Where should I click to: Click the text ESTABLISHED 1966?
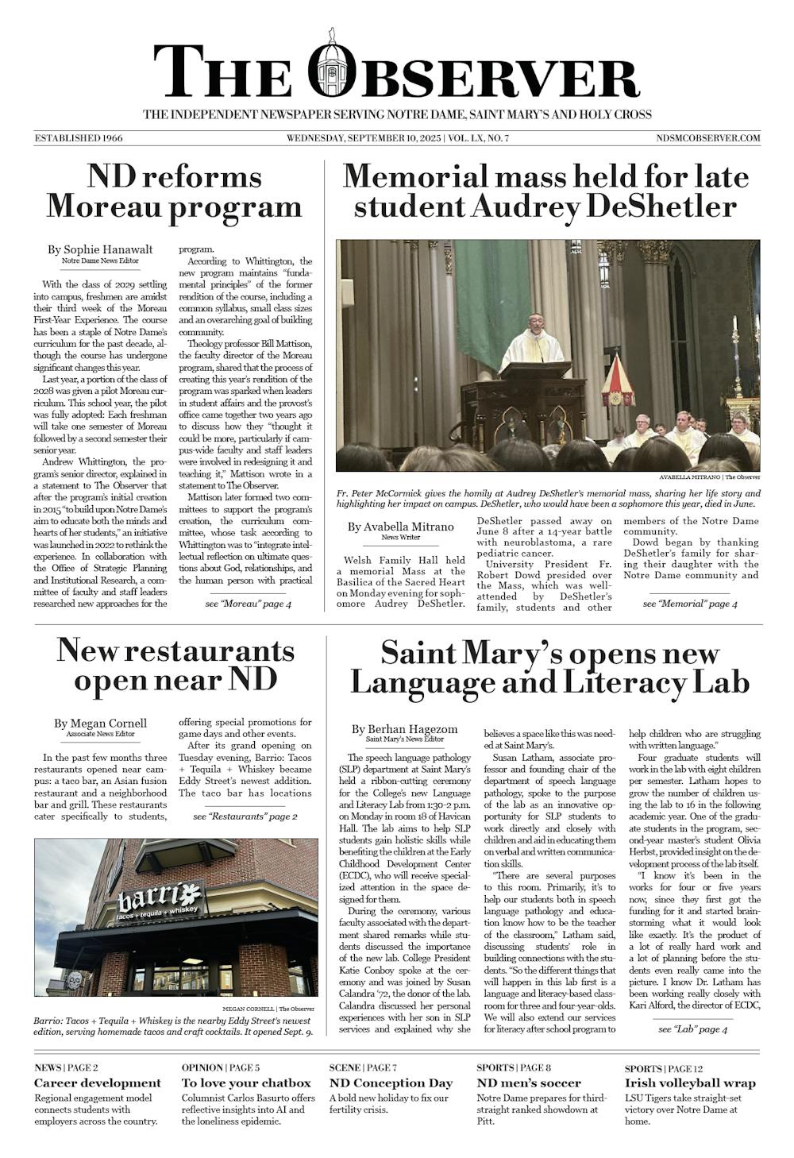point(79,138)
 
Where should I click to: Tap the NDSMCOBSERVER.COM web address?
point(708,138)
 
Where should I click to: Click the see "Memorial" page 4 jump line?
point(689,604)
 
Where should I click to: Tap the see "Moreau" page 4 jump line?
point(248,604)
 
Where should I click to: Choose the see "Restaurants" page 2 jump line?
point(245,816)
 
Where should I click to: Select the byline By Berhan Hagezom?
point(404,729)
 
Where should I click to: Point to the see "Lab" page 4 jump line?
point(692,1029)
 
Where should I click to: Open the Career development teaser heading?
point(98,1083)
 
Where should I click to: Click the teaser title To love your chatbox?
point(246,1083)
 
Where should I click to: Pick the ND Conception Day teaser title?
point(391,1083)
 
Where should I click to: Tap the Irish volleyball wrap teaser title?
point(690,1083)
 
